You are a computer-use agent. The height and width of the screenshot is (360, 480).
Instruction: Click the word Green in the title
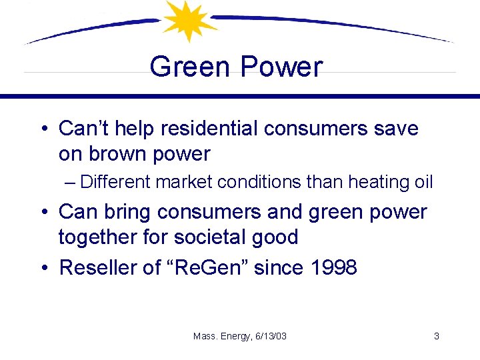191,67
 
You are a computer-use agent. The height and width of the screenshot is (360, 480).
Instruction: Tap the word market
194,182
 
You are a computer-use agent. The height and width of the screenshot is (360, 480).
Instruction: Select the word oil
423,182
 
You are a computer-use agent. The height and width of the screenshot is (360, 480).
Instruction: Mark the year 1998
333,267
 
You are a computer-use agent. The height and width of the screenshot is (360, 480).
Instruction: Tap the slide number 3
436,336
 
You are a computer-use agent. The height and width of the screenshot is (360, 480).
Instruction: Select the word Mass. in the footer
204,336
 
